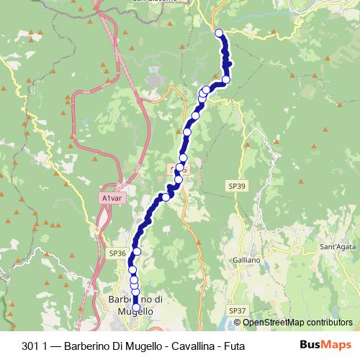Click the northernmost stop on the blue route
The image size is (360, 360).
pos(220,32)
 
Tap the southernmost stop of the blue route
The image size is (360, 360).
pos(136,307)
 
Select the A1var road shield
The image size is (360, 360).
pos(112,198)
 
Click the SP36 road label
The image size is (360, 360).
pos(117,253)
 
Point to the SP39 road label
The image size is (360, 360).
pos(238,186)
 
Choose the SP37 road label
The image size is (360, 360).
pos(238,310)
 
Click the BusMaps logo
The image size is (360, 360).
pos(325,345)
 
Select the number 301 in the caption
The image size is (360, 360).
pos(40,346)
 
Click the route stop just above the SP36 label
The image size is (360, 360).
pos(137,251)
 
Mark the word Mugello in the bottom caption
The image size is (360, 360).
pos(140,346)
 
